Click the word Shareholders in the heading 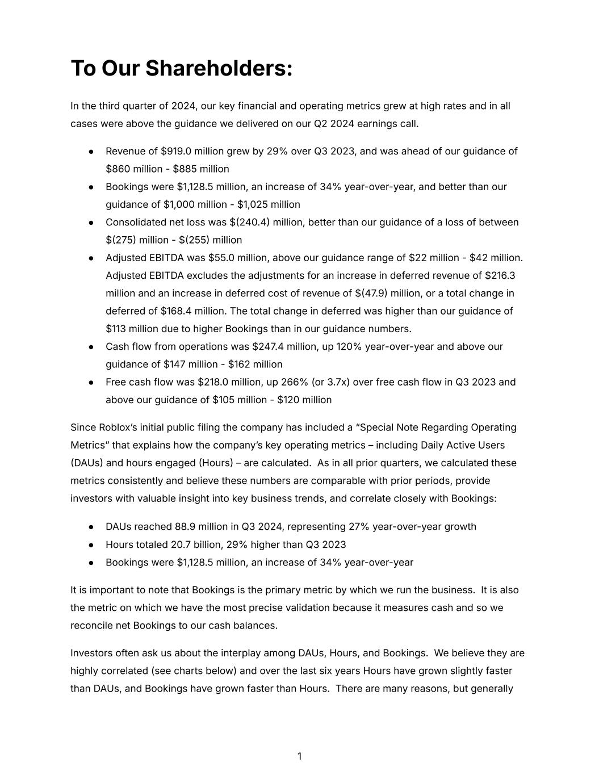219,69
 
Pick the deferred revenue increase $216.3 500,275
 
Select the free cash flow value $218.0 213,382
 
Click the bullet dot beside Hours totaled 91,544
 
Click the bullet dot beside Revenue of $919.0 91,152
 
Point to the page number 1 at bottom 299,756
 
